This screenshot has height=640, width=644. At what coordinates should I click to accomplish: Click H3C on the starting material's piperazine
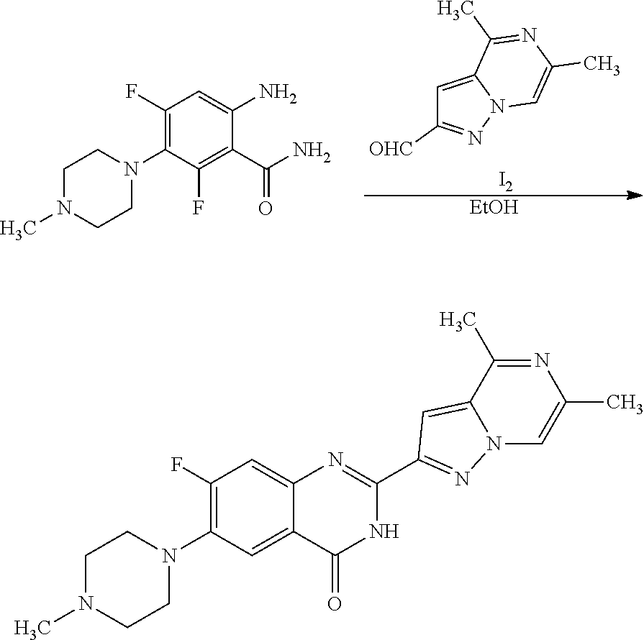click(21, 229)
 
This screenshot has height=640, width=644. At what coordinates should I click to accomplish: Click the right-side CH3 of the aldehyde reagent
click(602, 65)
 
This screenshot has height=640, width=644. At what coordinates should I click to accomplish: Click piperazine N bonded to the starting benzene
click(130, 169)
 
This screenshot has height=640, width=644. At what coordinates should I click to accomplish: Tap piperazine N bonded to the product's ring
click(168, 555)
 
